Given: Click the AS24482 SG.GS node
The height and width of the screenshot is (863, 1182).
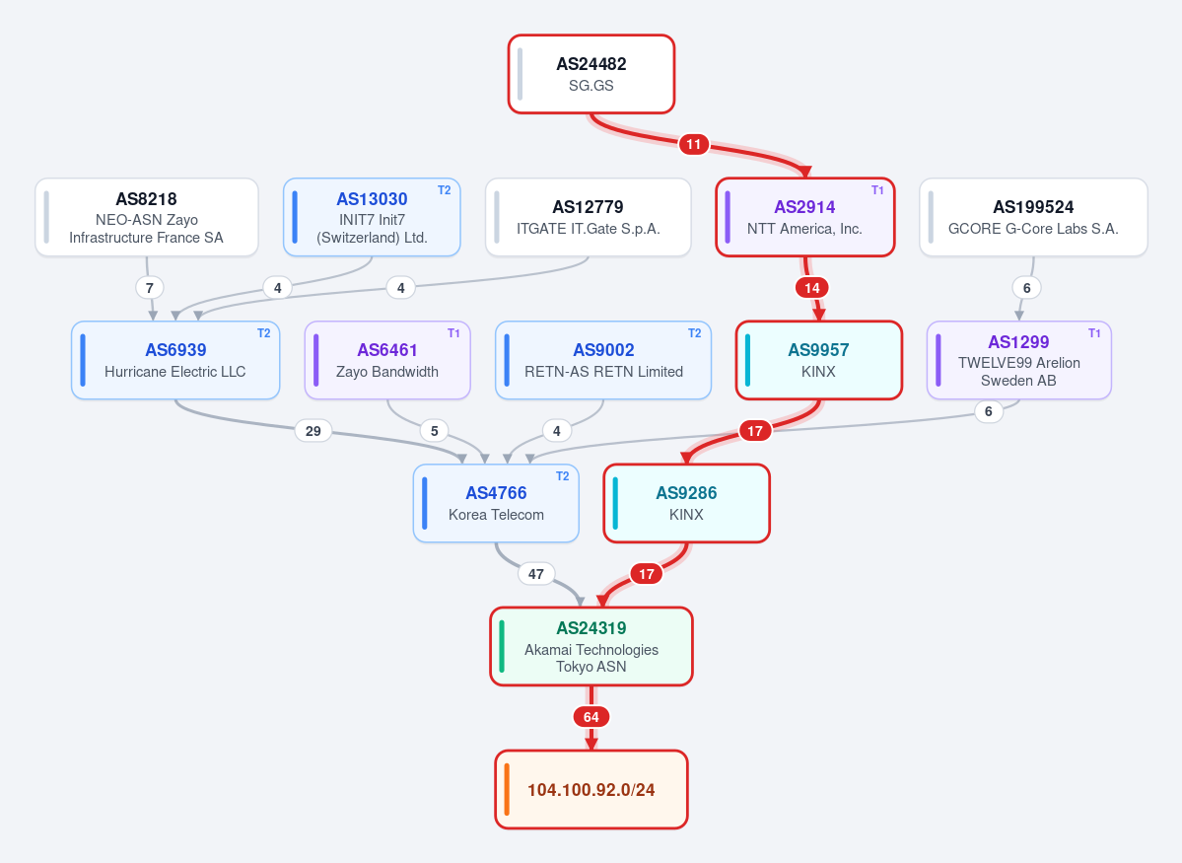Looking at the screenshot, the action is [591, 74].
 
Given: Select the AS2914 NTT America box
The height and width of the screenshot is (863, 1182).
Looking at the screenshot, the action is [805, 217].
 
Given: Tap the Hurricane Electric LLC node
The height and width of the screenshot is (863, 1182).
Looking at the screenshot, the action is [175, 360].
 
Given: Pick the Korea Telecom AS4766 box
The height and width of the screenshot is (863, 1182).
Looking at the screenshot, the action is [496, 503].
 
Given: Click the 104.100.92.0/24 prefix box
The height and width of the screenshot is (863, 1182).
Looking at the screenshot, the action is [591, 789].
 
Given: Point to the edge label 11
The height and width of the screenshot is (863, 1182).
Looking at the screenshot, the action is [693, 144].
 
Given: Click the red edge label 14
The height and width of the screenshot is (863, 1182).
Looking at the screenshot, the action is [812, 287].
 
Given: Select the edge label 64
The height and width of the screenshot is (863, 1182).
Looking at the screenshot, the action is [591, 717].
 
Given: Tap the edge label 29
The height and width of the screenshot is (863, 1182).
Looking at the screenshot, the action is [313, 431].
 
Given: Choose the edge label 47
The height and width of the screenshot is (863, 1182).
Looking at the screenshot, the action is [536, 574].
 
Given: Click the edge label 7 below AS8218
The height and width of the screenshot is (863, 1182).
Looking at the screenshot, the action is [149, 287].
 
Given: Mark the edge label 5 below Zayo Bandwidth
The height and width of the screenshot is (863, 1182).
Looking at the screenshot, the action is [434, 431].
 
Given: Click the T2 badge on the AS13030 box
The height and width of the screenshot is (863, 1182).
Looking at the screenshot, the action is [444, 190].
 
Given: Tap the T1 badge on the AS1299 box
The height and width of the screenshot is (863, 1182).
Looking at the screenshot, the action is [1094, 332].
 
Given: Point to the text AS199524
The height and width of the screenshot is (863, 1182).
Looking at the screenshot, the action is [1033, 207].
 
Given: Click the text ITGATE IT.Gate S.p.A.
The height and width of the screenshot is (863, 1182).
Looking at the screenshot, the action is [588, 229].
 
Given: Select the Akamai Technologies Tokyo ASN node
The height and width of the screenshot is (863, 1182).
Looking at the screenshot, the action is [591, 646].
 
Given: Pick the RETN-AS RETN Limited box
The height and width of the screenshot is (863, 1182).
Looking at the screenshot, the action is [603, 360].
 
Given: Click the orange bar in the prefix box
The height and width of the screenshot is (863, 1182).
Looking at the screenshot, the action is [507, 789].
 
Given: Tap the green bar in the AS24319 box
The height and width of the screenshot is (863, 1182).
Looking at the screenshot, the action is [502, 646].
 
